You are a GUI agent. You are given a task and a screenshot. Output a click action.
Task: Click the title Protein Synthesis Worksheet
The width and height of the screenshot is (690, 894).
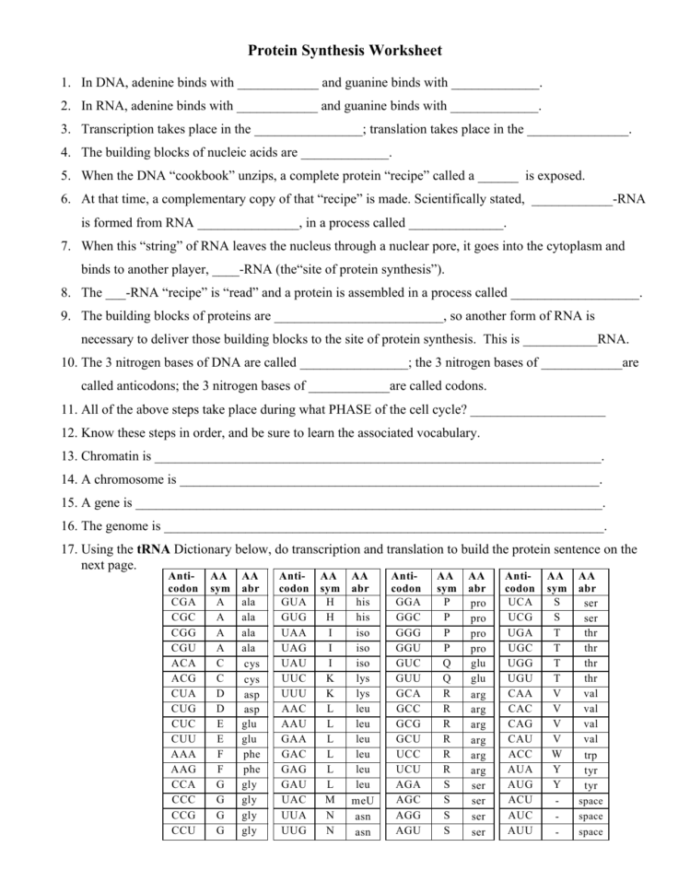coord(345,51)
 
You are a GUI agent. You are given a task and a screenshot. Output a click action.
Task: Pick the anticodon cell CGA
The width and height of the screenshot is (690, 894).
coord(183,602)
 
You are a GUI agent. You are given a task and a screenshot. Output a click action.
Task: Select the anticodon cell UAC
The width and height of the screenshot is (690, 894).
coord(294,800)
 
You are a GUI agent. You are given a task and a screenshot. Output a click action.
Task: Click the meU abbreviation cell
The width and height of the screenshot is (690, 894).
coord(362,800)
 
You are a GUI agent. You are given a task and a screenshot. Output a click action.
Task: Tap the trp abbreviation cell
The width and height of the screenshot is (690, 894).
coord(590,754)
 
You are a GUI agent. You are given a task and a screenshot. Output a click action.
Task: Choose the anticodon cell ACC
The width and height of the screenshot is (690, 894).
coord(520,754)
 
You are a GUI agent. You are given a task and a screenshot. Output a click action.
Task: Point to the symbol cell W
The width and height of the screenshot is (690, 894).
coord(556,754)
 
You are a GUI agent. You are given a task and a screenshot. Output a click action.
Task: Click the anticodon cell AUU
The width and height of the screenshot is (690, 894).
coord(520,831)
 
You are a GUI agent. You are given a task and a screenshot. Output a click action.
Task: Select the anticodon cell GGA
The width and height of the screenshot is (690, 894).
coord(407,602)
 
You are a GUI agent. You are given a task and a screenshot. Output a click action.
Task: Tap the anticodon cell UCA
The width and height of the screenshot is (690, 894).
coord(520,602)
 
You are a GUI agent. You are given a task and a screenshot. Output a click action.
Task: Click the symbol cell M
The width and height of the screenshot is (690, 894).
coord(329,800)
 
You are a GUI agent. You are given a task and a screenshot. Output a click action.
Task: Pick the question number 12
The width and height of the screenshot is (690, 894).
coord(69,432)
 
